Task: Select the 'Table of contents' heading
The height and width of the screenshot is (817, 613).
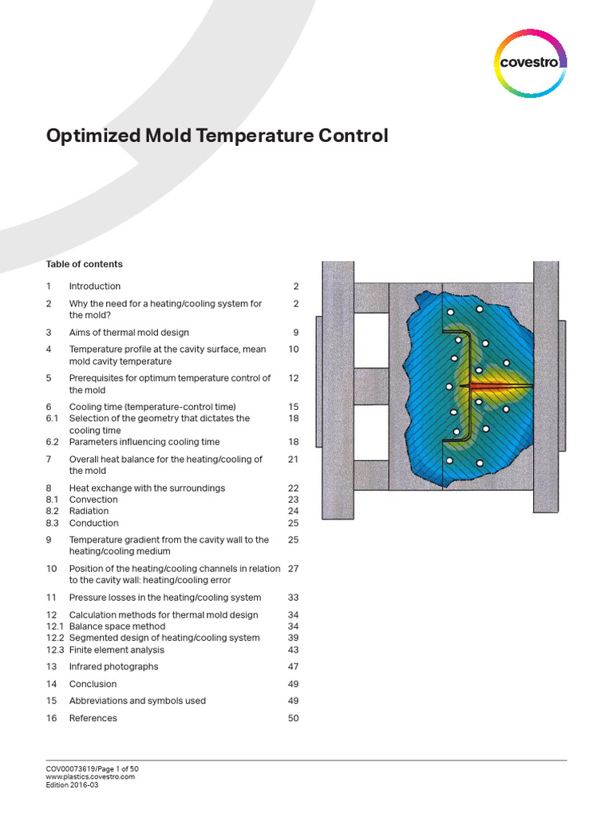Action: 84,264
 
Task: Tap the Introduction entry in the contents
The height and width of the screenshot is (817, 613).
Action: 95,286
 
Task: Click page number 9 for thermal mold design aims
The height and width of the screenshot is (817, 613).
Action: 295,333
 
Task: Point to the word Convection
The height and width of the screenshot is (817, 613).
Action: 93,499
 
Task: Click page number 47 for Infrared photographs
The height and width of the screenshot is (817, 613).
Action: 292,667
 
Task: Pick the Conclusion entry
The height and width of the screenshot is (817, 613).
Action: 93,685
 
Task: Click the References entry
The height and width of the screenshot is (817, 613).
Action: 93,719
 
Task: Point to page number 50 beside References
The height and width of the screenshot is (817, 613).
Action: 292,719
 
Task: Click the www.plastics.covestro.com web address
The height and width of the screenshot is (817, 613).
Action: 90,776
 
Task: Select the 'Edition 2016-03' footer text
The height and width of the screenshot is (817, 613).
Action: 72,784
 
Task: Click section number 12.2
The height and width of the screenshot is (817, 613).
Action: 54,638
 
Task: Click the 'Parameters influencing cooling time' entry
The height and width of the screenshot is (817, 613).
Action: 144,442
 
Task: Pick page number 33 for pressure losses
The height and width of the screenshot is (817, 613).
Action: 292,598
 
